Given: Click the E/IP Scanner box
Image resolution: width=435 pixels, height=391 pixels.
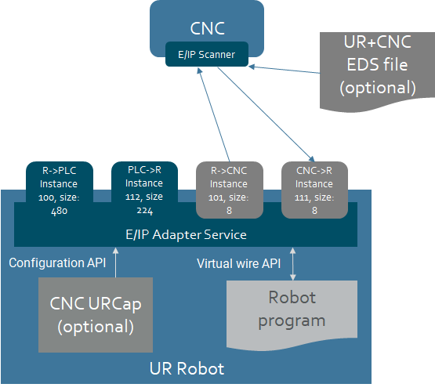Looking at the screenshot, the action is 207,54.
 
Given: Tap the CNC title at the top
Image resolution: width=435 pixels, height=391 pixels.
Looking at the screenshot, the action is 207,28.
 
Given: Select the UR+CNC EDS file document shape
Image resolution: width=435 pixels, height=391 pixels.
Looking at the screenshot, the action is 377,71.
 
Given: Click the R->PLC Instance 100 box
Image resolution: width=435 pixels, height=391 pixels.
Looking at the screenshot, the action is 60,190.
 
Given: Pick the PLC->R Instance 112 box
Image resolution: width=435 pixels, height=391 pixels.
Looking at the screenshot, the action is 144,190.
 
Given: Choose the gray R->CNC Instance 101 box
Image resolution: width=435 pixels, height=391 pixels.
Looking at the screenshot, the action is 230,190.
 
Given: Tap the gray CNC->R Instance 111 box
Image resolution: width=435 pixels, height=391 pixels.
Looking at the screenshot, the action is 314,190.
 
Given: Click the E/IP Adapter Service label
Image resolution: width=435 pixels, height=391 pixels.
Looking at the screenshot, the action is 186,234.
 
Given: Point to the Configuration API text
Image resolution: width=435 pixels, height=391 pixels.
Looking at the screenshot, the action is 57,262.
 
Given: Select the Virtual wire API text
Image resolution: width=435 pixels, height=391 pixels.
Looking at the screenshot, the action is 238,263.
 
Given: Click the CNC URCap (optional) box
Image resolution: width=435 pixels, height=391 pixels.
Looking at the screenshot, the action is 96,315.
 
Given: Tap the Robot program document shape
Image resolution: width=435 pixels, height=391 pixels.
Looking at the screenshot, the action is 292,315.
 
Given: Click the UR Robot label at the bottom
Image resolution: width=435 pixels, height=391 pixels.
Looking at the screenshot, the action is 187,368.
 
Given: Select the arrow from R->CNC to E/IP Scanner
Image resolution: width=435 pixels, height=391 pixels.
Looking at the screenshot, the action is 214,114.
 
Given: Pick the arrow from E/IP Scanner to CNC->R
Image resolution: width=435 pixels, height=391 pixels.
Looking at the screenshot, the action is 266,114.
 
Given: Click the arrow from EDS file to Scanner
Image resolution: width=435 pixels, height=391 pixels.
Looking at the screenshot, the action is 284,69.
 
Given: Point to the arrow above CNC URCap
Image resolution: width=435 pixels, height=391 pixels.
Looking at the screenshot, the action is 116,262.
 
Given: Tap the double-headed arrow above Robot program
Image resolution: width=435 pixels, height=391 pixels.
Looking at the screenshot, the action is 292,264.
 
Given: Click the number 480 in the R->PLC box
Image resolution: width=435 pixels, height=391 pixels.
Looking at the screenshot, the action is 60,211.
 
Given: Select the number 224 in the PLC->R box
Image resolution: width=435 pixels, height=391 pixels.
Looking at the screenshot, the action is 144,211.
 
